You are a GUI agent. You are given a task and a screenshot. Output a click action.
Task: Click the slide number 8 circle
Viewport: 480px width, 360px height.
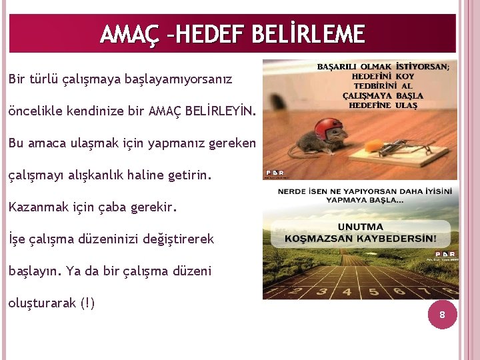[x=441, y=315]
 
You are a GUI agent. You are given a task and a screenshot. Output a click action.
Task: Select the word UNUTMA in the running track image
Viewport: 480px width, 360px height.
[x=360, y=227]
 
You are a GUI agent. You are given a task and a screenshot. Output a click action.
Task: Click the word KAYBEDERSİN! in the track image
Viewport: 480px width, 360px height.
[x=401, y=238]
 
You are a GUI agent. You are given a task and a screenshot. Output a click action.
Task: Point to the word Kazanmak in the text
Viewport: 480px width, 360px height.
[x=35, y=207]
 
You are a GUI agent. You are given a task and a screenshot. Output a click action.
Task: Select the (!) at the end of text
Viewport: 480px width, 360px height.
[x=87, y=303]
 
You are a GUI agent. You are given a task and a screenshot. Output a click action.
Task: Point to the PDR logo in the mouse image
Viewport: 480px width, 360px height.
[x=274, y=172]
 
